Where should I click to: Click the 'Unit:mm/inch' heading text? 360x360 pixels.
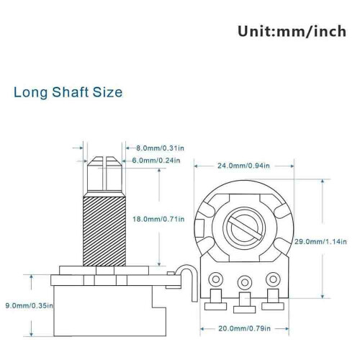click(x=292, y=32)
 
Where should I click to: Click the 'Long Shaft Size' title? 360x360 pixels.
click(x=68, y=92)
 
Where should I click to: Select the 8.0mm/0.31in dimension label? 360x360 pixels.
click(x=160, y=148)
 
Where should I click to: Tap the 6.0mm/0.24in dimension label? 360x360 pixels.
click(x=156, y=160)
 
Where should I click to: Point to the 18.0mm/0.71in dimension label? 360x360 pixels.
click(x=158, y=219)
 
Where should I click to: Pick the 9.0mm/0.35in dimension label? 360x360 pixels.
click(x=30, y=306)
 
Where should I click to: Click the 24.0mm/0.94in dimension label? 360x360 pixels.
click(x=243, y=166)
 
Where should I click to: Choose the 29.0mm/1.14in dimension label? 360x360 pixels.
click(x=320, y=241)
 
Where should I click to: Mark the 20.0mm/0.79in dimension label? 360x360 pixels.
click(x=244, y=328)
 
